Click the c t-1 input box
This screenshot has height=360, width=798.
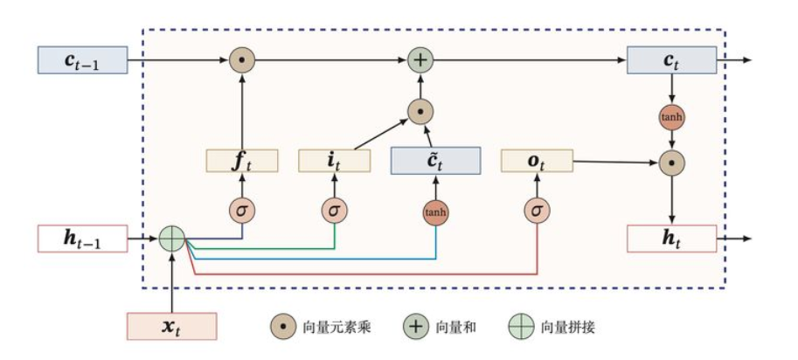pyautogui.click(x=82, y=61)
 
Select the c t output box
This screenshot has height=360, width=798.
pyautogui.click(x=670, y=61)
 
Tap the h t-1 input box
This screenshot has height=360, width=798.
pyautogui.click(x=82, y=238)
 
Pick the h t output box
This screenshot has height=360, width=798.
pyautogui.click(x=670, y=238)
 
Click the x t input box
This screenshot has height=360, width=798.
pyautogui.click(x=171, y=327)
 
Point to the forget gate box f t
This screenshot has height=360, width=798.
pyautogui.click(x=242, y=161)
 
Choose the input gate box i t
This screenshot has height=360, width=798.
pyautogui.click(x=335, y=161)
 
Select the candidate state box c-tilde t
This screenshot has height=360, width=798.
pyautogui.click(x=435, y=161)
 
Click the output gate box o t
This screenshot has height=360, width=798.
pyautogui.click(x=537, y=161)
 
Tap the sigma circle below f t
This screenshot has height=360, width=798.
pyautogui.click(x=242, y=211)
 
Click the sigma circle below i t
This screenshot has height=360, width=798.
pyautogui.click(x=334, y=211)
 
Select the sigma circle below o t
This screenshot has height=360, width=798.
pyautogui.click(x=537, y=211)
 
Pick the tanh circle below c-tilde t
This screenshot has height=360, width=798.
pyautogui.click(x=435, y=212)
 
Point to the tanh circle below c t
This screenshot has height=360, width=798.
pyautogui.click(x=670, y=116)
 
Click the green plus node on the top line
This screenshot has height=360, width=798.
pyautogui.click(x=421, y=61)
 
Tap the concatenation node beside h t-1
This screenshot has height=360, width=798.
pyautogui.click(x=172, y=238)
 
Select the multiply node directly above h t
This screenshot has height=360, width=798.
pyautogui.click(x=670, y=162)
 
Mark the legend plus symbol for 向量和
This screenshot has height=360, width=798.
pyautogui.click(x=415, y=327)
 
